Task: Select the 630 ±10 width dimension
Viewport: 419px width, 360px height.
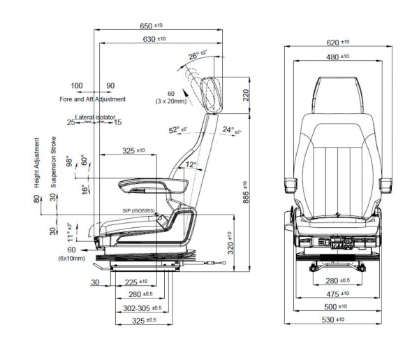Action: pos(154,39)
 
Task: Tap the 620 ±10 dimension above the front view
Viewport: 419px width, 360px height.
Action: pos(338,42)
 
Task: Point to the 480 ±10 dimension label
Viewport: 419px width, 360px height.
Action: pos(338,57)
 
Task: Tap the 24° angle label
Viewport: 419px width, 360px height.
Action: pos(231,130)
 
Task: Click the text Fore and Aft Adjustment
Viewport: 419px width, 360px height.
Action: pos(92,99)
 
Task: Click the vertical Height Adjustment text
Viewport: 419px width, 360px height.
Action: pos(37,163)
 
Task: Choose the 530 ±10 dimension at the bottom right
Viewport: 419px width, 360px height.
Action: pos(337,319)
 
